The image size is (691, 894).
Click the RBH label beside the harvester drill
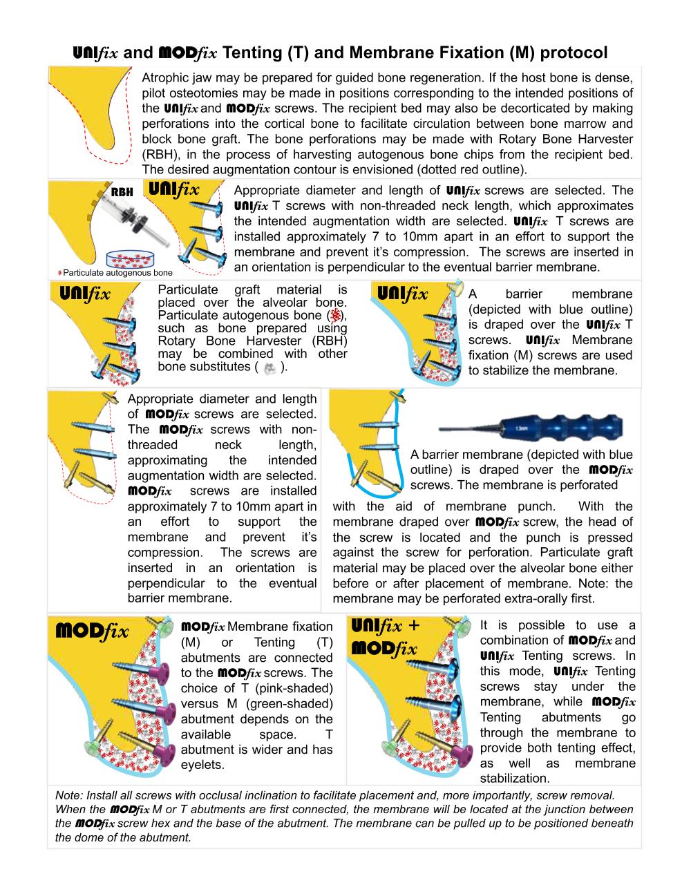[x=122, y=192]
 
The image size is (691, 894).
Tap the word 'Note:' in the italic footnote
[x=68, y=795]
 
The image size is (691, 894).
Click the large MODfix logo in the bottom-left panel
[x=92, y=631]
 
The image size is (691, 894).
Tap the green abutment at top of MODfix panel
[x=167, y=625]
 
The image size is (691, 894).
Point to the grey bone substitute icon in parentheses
[x=270, y=368]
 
